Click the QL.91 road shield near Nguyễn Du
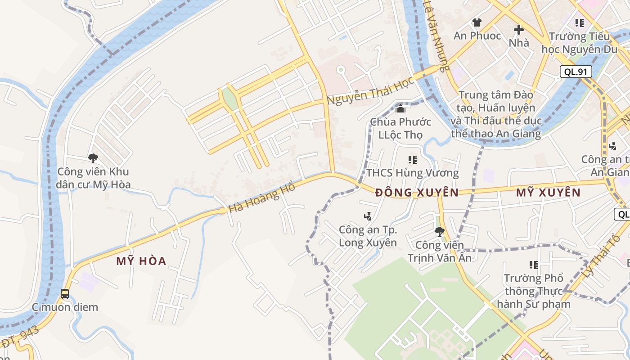(x=576, y=72)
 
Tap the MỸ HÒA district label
(x=141, y=261)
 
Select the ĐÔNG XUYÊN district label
(x=417, y=193)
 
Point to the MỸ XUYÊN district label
(x=548, y=193)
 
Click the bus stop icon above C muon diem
(x=65, y=294)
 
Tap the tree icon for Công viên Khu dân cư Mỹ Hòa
(x=93, y=158)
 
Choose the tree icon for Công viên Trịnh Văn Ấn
(x=439, y=232)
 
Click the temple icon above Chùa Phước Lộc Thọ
(x=400, y=108)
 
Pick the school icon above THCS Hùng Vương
(x=412, y=159)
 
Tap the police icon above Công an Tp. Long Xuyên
(x=368, y=216)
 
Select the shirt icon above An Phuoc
(x=477, y=22)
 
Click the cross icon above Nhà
(x=519, y=30)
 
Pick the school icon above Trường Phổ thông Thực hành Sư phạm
(x=534, y=265)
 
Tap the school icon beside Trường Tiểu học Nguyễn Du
(x=580, y=22)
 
